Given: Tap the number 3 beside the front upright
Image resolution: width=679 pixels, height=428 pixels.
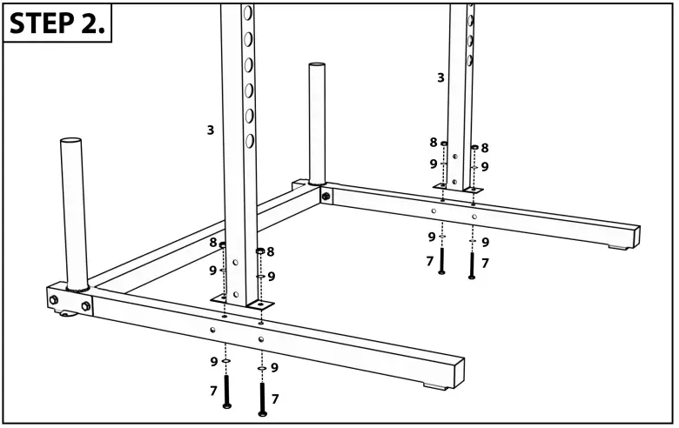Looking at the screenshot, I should [x=210, y=130].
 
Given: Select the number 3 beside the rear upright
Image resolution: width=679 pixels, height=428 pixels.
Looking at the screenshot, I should [x=440, y=77].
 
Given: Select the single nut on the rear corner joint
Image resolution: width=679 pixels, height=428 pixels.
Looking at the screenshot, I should [x=326, y=197].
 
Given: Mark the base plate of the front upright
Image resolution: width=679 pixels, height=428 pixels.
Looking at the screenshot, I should [x=242, y=302].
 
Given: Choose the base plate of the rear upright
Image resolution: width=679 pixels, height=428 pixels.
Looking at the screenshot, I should [x=458, y=188].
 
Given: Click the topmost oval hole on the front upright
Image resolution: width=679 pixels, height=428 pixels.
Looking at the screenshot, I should [x=248, y=13].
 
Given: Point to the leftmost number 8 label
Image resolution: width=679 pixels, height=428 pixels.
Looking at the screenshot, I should [x=213, y=244].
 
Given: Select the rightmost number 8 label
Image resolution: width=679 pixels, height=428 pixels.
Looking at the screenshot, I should [x=485, y=149].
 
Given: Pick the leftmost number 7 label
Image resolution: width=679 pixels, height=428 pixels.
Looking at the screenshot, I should [x=213, y=391].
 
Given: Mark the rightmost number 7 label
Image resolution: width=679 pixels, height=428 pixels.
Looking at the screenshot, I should [x=485, y=263].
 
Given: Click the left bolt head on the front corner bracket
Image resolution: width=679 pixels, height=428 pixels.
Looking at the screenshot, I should [x=54, y=300].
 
